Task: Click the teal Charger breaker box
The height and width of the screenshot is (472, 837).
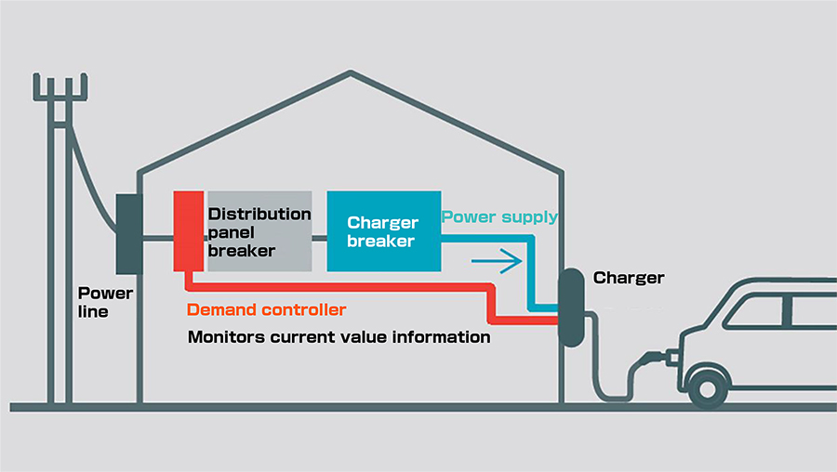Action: (x=383, y=230)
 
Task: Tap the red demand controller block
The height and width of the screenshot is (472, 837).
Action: (x=189, y=229)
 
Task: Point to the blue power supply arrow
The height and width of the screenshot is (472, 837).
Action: (x=497, y=261)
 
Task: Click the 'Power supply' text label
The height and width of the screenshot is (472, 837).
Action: (x=499, y=216)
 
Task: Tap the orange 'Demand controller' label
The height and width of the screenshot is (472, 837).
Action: (x=267, y=309)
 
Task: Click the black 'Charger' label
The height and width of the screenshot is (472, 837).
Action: (x=629, y=278)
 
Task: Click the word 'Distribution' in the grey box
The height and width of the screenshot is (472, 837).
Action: (x=259, y=214)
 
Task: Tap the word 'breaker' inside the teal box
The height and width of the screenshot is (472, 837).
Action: (x=382, y=241)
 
